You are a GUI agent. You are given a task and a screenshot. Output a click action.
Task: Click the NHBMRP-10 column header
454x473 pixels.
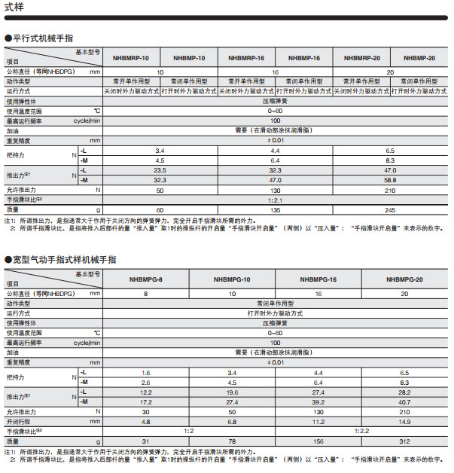point(132,58)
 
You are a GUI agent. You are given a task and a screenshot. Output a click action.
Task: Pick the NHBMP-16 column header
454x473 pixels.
point(304,58)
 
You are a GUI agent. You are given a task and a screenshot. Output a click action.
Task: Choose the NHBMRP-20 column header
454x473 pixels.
point(361,58)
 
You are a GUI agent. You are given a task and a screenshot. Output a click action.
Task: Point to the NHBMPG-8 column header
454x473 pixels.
point(146,279)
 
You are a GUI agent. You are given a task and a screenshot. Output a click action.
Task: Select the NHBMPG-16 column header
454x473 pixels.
point(318,279)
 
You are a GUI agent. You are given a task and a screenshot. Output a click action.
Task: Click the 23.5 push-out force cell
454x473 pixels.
point(160,170)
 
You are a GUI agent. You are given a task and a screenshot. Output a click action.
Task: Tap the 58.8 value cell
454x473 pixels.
point(390,180)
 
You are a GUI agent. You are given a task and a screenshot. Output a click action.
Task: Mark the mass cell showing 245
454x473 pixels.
point(390,209)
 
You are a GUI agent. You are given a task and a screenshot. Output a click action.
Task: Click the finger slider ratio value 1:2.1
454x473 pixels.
point(275,200)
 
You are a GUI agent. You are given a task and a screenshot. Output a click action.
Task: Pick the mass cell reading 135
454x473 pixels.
point(275,209)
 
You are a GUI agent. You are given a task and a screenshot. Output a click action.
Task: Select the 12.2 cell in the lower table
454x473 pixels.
point(146,392)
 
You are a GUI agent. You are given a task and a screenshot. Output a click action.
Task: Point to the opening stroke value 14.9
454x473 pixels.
point(404,422)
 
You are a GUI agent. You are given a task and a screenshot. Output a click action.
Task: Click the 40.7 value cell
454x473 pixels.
point(404,402)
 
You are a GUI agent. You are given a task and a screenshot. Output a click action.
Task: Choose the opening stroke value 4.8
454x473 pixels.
point(146,422)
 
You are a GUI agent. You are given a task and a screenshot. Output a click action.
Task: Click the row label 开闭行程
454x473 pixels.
point(20,422)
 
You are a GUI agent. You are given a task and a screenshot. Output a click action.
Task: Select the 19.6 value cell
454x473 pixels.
point(232,392)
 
